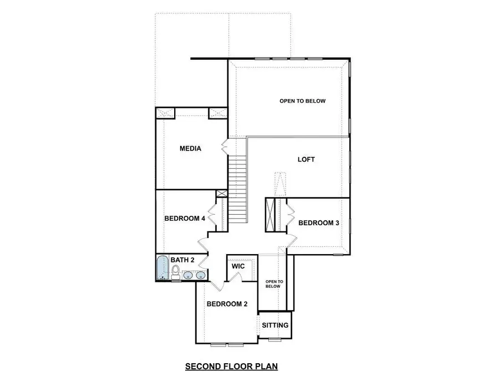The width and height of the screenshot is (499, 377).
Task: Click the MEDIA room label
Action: click(190, 149)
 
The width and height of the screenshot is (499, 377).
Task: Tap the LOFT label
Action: click(306, 159)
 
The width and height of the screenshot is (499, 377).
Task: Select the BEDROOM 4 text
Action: click(185, 219)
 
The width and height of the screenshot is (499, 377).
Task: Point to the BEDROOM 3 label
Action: click(319, 223)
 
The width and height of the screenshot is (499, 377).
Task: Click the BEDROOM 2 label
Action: click(227, 304)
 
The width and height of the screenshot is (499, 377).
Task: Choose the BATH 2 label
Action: click(182, 260)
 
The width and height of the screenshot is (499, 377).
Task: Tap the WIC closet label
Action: click(238, 266)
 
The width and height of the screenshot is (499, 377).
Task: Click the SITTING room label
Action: click(275, 325)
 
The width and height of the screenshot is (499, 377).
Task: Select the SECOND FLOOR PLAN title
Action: click(231, 366)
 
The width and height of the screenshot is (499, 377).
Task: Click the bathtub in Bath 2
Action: click(162, 268)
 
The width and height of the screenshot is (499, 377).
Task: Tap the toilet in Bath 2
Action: click(176, 271)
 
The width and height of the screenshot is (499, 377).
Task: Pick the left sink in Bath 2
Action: click(188, 275)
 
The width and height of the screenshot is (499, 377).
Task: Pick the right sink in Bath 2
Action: click(200, 275)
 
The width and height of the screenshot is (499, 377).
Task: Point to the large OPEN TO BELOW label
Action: click(302, 101)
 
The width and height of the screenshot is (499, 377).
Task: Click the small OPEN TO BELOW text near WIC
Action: click(273, 284)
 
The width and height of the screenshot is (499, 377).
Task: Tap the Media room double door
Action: click(225, 147)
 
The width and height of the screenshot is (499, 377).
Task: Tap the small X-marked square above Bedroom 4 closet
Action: click(222, 194)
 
